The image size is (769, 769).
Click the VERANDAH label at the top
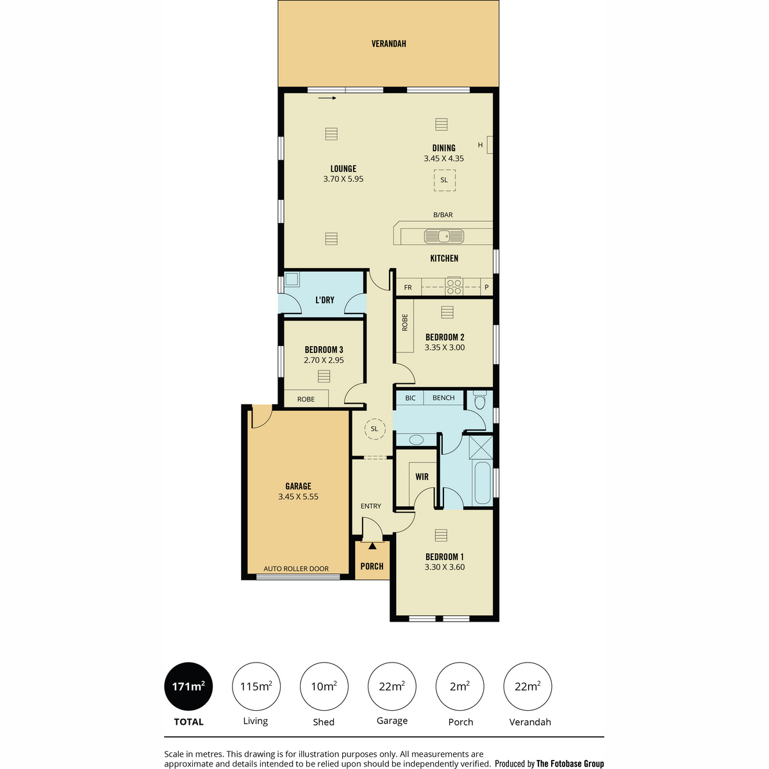pos(388,44)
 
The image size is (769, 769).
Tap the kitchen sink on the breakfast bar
pos(443,236)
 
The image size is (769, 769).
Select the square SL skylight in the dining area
pos(444,180)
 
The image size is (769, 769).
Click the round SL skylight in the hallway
pos(374,429)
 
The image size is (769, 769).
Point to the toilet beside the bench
pos(480,401)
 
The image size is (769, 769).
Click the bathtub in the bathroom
pos(483,483)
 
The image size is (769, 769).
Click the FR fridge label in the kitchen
pos(408,287)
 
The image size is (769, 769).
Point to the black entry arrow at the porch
pos(372,546)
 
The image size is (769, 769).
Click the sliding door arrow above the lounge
pos(327,98)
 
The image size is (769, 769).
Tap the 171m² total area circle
pos(188,686)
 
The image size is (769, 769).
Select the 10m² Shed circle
pos(324,686)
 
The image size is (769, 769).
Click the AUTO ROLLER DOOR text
pos(296,568)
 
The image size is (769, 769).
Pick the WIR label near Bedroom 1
pos(422,477)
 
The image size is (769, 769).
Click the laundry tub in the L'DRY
pos(292,279)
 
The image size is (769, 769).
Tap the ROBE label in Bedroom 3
pos(306,399)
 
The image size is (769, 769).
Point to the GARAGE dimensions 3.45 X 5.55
pos(298,497)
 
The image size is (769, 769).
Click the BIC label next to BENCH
pos(410,398)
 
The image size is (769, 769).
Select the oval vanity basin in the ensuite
pos(417,440)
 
